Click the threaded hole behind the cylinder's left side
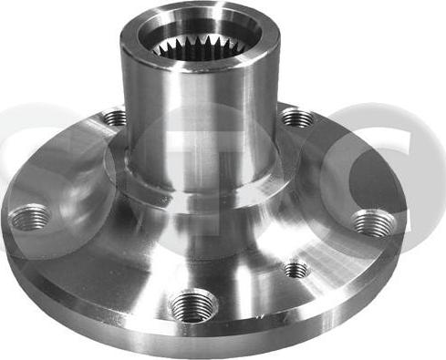[x=115, y=118]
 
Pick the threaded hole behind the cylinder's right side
[x=295, y=118]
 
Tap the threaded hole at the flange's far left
[x=29, y=217]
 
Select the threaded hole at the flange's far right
[x=371, y=222]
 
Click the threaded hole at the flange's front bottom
[x=194, y=303]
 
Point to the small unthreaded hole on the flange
[x=295, y=269]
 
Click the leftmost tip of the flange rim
[x=3, y=223]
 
